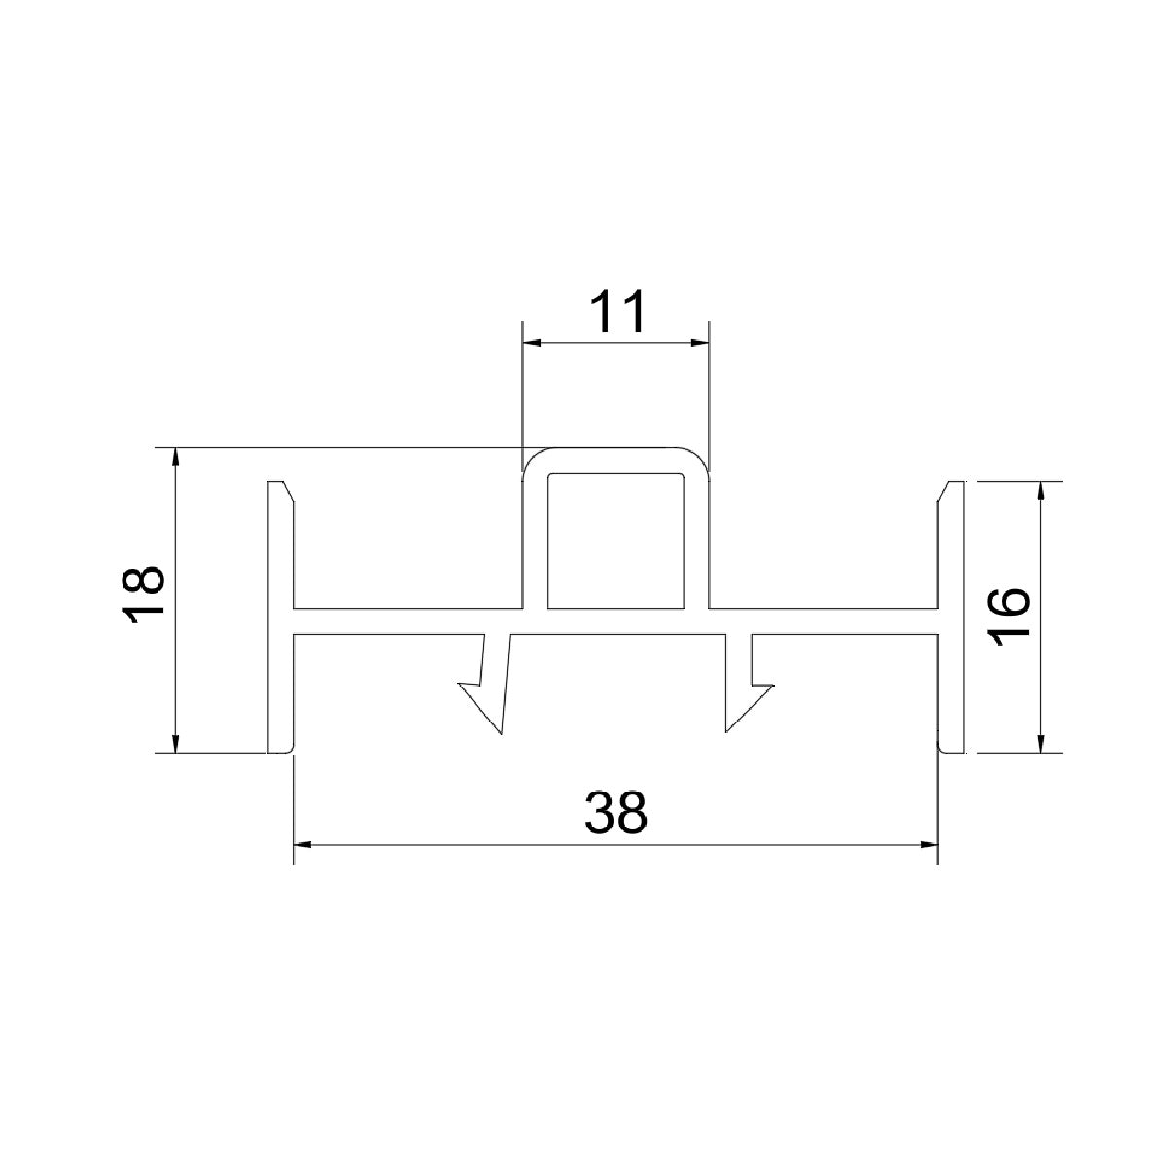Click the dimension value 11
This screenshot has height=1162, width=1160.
[616, 312]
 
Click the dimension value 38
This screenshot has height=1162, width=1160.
[615, 812]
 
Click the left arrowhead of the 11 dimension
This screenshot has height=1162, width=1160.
[531, 342]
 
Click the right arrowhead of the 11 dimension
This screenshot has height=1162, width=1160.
[699, 342]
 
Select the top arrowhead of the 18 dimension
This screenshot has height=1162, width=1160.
[175, 457]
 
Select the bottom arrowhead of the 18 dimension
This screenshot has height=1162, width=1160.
[175, 744]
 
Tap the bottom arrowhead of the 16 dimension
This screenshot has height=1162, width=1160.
[1041, 744]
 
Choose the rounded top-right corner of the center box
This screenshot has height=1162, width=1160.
[698, 458]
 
